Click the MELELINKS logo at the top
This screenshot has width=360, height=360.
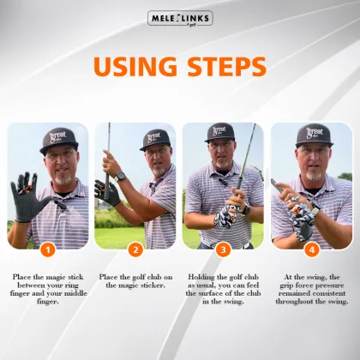[x=180, y=18]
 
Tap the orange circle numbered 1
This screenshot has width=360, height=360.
[x=48, y=250]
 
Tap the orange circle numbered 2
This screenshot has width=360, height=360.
[x=135, y=250]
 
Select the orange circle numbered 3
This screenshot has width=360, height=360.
[x=224, y=250]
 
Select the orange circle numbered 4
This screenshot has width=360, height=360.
[x=311, y=250]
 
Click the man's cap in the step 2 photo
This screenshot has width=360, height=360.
[x=154, y=138]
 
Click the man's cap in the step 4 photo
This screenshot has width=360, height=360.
[x=313, y=135]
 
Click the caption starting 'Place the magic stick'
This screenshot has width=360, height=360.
[x=48, y=289]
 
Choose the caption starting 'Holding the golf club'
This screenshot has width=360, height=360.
[x=224, y=289]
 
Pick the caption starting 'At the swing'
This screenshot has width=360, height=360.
[x=311, y=289]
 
